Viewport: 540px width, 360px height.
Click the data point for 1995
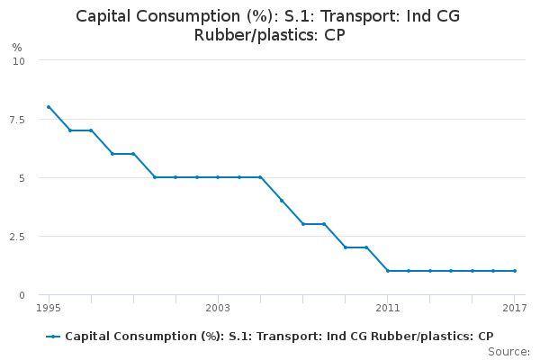49,107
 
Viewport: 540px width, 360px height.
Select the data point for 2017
514,271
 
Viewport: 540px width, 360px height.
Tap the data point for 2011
387,271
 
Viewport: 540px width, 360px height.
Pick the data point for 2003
218,177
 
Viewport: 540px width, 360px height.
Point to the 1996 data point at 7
69,130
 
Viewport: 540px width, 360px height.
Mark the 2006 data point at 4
282,201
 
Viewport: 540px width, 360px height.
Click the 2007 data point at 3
302,224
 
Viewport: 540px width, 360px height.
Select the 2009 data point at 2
345,247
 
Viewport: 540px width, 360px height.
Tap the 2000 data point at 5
154,177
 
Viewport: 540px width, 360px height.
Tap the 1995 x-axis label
49,308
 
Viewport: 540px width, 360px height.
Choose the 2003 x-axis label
218,308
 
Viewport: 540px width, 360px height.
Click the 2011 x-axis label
387,308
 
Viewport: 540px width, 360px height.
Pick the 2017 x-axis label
514,308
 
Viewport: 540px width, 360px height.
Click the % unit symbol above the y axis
17,47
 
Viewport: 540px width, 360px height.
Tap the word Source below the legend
509,351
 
